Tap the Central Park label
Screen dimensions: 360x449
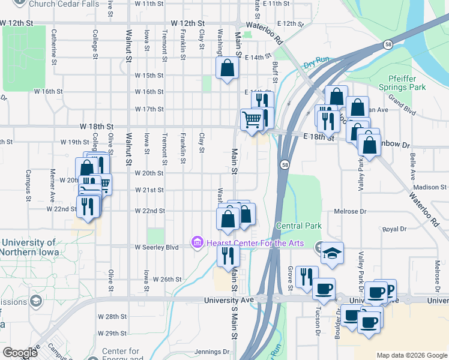[x=298, y=226]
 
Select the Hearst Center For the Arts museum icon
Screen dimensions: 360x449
[x=196, y=242]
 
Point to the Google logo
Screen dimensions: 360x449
[x=20, y=353]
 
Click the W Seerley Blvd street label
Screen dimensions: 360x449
[x=157, y=247]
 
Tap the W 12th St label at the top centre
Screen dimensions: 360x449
[x=192, y=23]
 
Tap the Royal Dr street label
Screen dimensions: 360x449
[x=394, y=229]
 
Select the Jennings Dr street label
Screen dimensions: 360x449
[x=212, y=352]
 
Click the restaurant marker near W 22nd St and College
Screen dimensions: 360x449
[x=89, y=206]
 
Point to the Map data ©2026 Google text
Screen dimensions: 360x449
[x=411, y=355]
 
